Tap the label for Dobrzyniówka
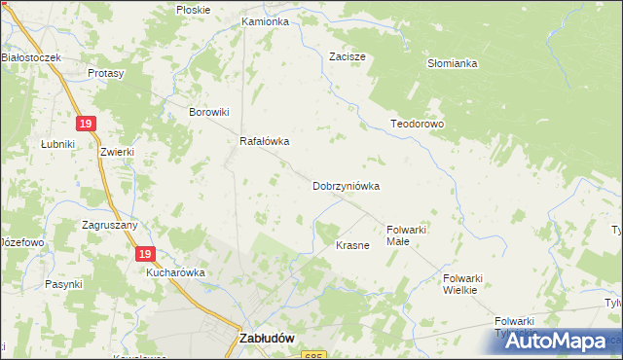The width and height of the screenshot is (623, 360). [x=346, y=185]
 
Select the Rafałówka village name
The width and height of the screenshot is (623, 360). [x=266, y=140]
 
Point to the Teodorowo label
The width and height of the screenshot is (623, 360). [x=417, y=125]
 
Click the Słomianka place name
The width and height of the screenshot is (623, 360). [x=452, y=63]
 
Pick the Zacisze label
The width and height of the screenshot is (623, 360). [x=348, y=56]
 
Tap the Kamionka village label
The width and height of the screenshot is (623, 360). [x=265, y=20]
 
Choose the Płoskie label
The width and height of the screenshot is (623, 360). [x=193, y=9]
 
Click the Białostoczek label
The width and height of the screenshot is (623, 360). [x=31, y=57]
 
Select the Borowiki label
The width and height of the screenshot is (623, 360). [x=208, y=112]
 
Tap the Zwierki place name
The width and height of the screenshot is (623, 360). [x=116, y=153]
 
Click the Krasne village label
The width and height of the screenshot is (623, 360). [x=352, y=245]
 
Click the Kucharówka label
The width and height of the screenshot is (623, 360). [x=175, y=272]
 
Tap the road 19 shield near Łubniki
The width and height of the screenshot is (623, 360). [x=87, y=123]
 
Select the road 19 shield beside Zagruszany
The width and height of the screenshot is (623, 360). [x=144, y=254]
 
